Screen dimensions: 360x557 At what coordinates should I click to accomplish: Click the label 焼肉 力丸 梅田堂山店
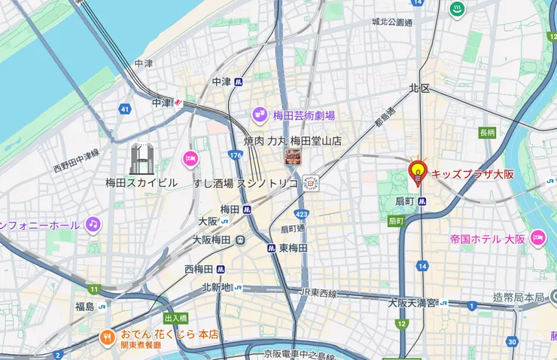pos(292,140)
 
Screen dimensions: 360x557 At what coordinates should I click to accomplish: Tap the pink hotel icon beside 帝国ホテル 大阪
pos(537,238)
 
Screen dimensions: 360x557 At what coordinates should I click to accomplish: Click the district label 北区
pos(419,88)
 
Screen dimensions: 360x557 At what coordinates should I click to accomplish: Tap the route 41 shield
pos(124,110)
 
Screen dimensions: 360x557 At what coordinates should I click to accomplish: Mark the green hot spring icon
pos(455,9)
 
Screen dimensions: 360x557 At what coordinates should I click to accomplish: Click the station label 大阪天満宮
pos(412,303)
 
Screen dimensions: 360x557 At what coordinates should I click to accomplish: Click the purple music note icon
pos(93,224)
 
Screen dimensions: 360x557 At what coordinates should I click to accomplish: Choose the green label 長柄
pos(487,133)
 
